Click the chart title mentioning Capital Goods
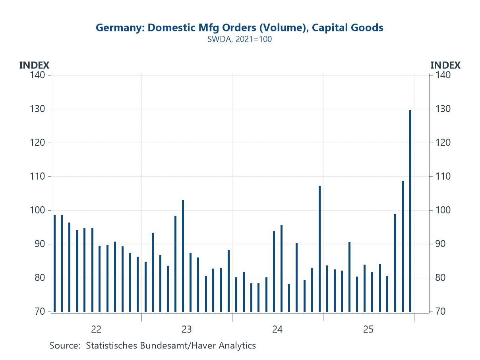point(240,28)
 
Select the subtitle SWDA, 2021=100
point(240,39)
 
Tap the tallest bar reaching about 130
point(410,211)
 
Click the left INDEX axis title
point(34,65)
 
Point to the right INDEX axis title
point(445,65)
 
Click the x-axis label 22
point(96,329)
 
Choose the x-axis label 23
point(187,329)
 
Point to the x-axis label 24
point(277,329)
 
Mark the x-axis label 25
point(368,329)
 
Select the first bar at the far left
point(55,263)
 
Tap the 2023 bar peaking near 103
point(183,256)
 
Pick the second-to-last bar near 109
point(403,246)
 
